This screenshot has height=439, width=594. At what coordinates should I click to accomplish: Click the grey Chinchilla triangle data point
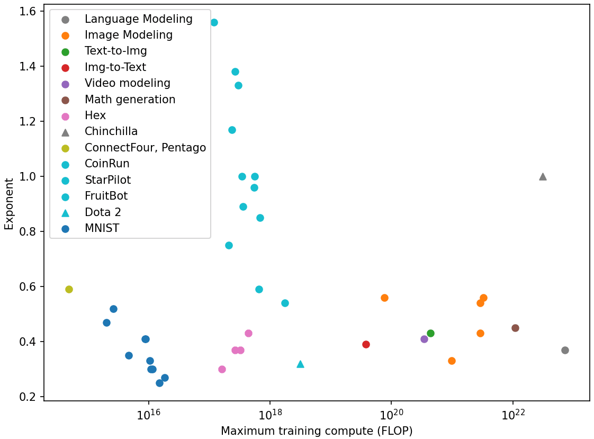[x=543, y=176]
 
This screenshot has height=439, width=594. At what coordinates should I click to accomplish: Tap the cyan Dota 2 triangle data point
[x=300, y=364]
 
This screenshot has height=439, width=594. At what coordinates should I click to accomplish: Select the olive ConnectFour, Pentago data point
[x=69, y=289]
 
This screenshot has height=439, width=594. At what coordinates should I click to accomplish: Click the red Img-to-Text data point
[x=366, y=344]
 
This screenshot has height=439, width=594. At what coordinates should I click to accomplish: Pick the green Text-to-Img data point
[x=430, y=333]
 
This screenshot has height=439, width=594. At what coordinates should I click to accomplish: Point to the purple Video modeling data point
[x=424, y=339]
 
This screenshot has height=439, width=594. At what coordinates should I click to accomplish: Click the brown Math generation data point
[x=515, y=328]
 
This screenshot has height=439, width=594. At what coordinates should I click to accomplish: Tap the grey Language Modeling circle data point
[x=565, y=350]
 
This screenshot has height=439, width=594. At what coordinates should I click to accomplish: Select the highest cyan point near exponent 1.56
[x=214, y=22]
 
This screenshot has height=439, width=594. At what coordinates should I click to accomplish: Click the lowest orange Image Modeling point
[x=452, y=361]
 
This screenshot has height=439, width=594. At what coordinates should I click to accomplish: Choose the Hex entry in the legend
[x=95, y=115]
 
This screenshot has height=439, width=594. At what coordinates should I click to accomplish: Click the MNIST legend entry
[x=102, y=228]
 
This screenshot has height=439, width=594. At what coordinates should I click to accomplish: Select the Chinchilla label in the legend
[x=111, y=131]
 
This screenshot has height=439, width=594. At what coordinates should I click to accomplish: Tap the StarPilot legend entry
[x=107, y=180]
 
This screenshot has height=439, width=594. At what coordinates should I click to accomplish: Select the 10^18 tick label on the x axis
[x=269, y=415]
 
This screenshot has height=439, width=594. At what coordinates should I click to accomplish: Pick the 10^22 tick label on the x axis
[x=512, y=415]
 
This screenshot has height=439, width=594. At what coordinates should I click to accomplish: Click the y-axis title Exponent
[x=9, y=203]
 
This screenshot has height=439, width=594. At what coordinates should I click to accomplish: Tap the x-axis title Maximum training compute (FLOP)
[x=317, y=431]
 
